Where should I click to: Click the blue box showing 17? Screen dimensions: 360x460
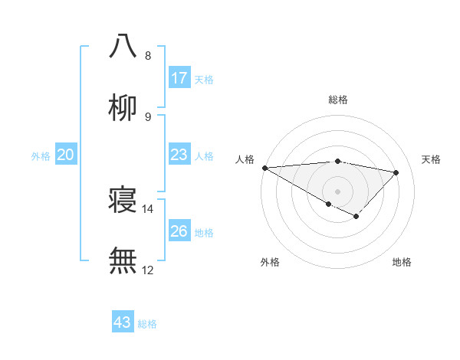[179, 78]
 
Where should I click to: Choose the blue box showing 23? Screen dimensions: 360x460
[179, 155]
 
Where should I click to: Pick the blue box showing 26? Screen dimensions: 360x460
[179, 231]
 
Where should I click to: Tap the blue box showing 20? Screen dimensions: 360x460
[66, 155]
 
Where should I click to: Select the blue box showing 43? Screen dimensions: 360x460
[123, 322]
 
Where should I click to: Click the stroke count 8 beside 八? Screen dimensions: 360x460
[148, 56]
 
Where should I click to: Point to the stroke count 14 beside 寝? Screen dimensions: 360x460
[148, 208]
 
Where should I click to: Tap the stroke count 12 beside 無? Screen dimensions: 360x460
[148, 270]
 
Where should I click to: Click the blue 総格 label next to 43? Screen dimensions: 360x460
[147, 324]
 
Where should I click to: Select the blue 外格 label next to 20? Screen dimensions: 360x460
[41, 156]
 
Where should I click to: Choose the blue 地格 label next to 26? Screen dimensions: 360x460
[204, 233]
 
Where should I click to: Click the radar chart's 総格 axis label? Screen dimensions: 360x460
[337, 100]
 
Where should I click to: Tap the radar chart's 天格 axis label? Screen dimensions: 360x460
[431, 159]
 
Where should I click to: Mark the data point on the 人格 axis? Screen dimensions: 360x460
[264, 167]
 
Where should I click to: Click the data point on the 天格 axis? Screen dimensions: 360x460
[396, 172]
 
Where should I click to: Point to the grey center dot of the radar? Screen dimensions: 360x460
[337, 191]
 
